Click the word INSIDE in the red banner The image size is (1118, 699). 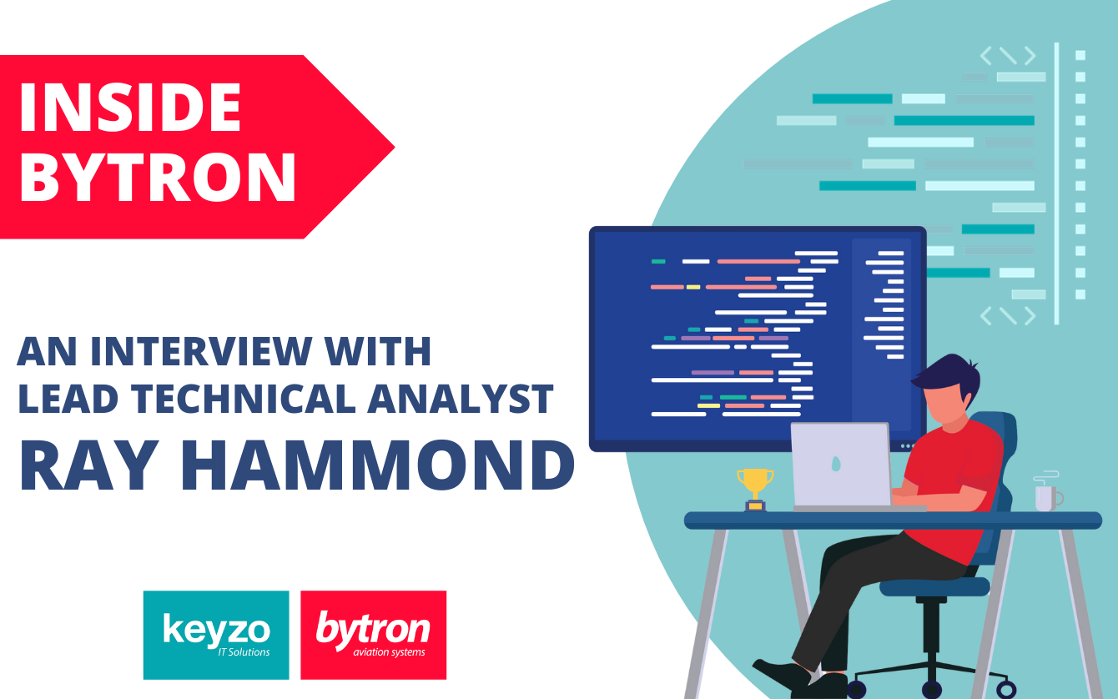point(130,108)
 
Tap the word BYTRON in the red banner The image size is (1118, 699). point(158,177)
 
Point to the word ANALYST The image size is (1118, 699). point(461,399)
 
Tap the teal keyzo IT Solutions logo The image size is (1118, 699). point(216,635)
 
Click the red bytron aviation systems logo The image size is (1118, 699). point(373,635)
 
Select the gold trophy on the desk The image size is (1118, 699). point(755,487)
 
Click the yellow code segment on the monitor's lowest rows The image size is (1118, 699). point(708,405)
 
